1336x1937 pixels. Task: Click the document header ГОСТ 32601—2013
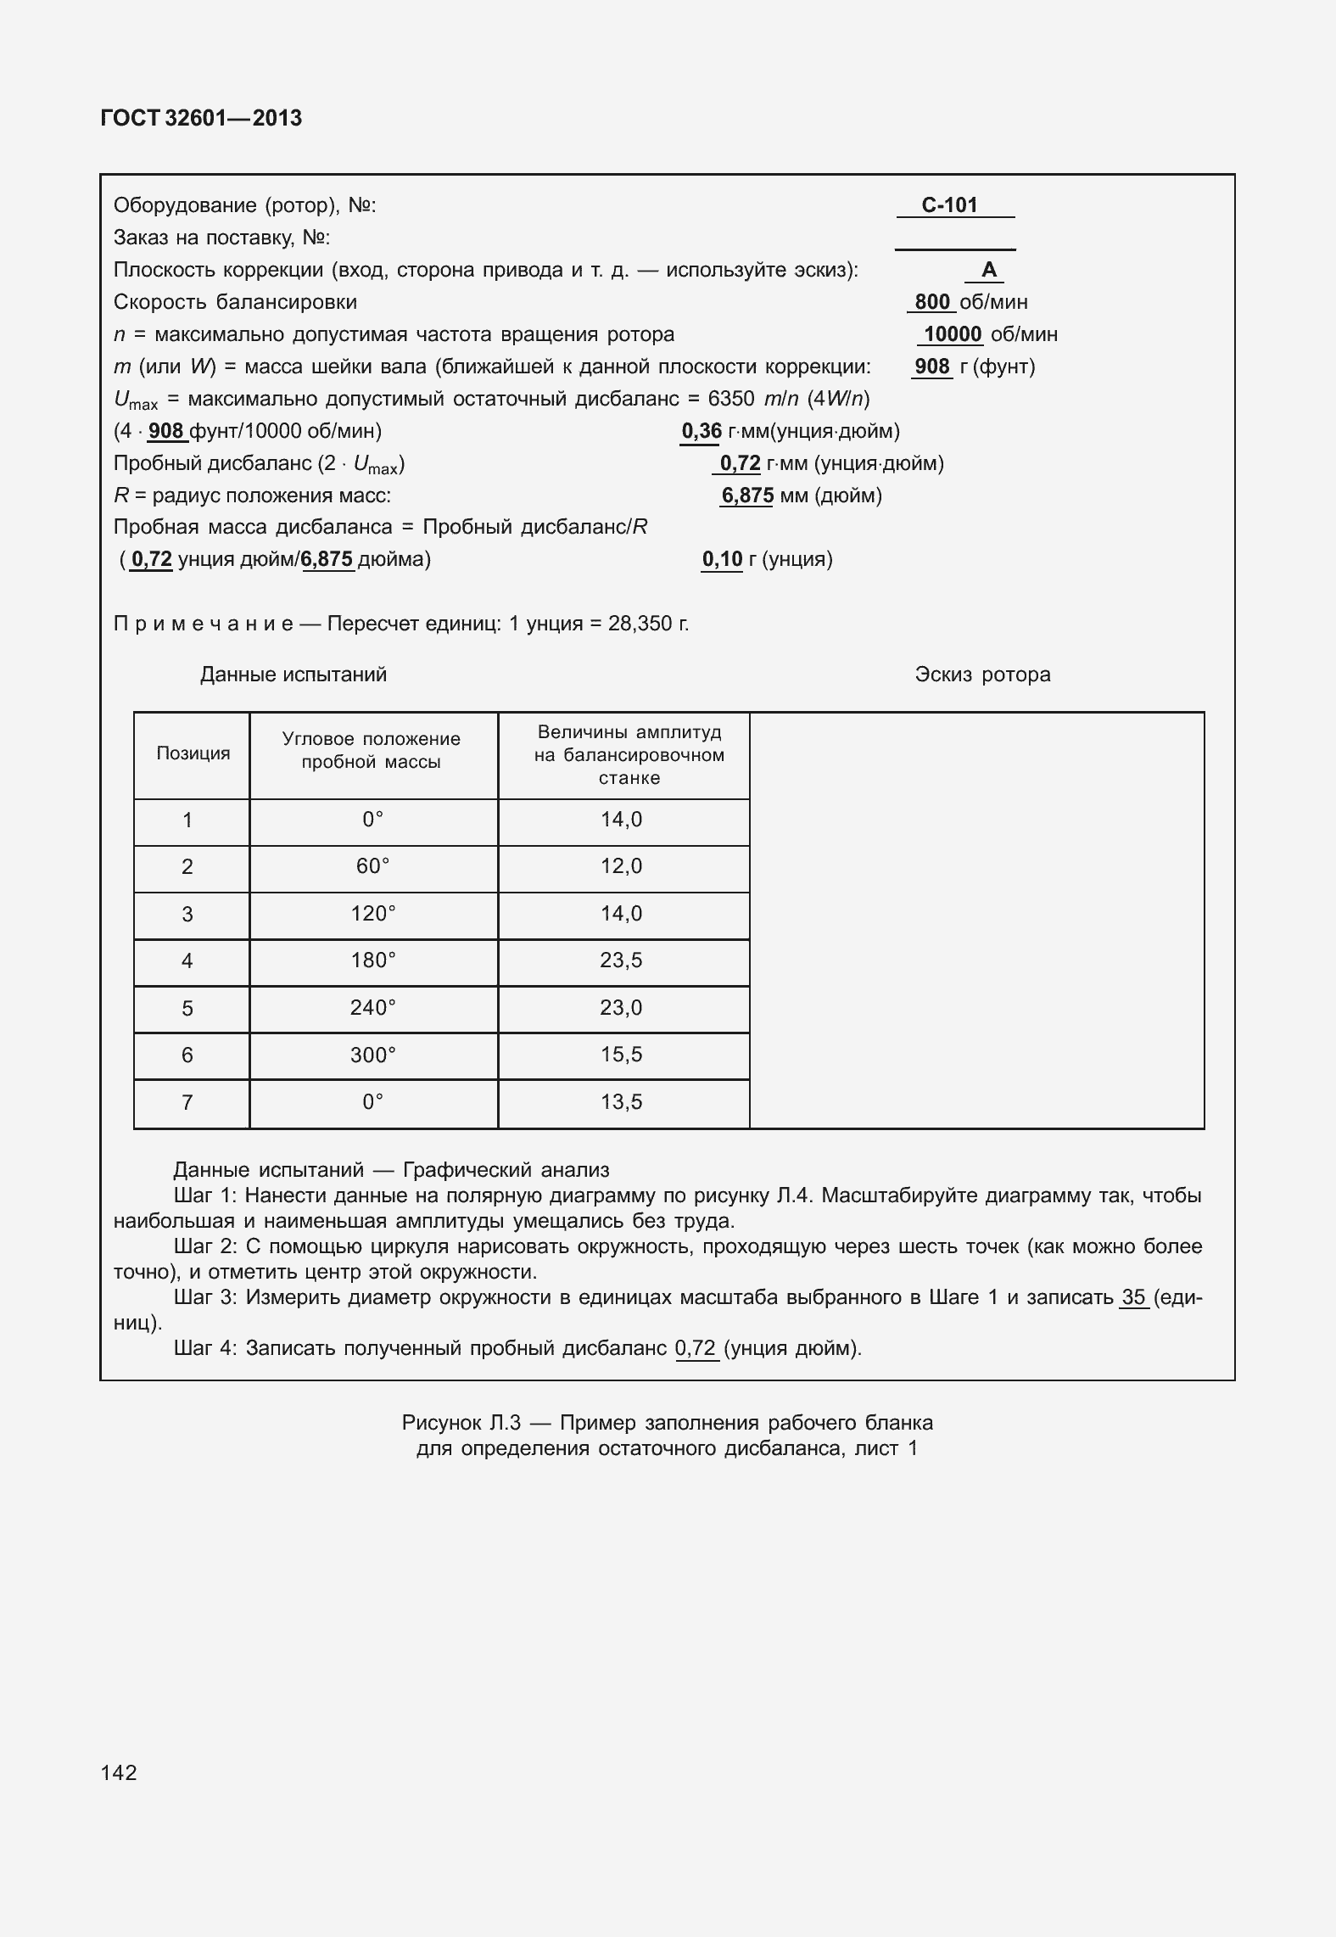[x=201, y=118]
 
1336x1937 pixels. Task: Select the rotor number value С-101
[x=949, y=204]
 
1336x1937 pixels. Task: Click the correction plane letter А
[x=988, y=270]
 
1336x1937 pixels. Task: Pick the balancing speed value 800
[x=931, y=302]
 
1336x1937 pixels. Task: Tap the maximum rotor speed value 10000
[x=952, y=334]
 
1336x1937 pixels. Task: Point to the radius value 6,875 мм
[x=746, y=495]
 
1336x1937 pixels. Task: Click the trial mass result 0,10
[x=722, y=559]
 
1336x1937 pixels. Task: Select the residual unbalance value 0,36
[x=701, y=431]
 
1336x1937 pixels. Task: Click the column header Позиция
[x=193, y=753]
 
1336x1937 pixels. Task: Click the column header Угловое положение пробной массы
[x=372, y=750]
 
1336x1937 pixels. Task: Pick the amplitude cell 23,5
[x=621, y=960]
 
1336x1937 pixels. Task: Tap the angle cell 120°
[x=373, y=914]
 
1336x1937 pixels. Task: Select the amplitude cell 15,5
[x=621, y=1055]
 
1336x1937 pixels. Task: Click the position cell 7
[x=187, y=1102]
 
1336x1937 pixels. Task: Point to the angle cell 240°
[x=373, y=1008]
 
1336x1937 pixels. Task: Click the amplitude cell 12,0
[x=621, y=866]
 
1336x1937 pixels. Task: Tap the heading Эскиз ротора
[x=982, y=675]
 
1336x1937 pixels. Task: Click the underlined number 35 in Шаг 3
[x=1133, y=1296]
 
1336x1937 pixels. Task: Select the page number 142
[x=119, y=1772]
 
